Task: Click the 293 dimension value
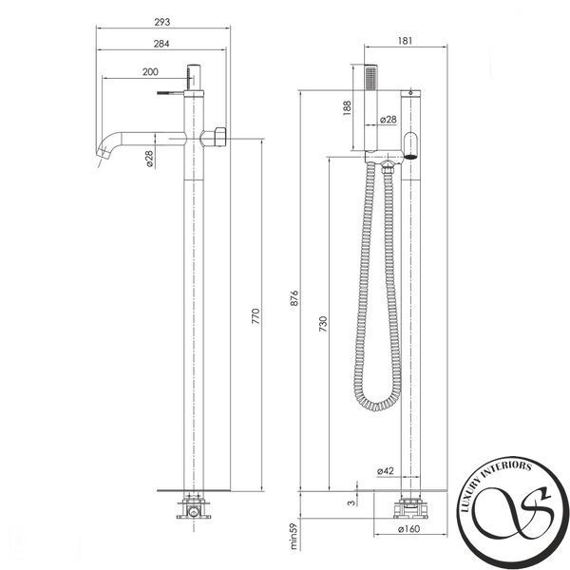coord(162,22)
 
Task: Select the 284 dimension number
coord(161,44)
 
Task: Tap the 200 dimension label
coord(150,71)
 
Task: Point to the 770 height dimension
coord(256,316)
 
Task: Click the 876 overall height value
coord(294,297)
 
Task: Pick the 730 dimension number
coord(323,324)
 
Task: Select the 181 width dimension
coord(405,41)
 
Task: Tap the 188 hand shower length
coord(347,108)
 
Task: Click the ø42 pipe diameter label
coord(386,471)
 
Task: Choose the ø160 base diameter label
coord(408,529)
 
